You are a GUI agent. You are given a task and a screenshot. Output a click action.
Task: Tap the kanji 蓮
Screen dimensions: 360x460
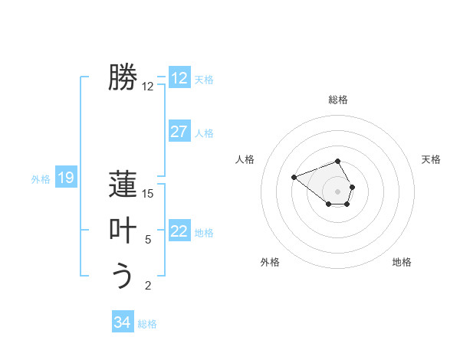tap(123, 185)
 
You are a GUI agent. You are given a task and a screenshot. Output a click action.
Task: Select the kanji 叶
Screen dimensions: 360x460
tap(123, 231)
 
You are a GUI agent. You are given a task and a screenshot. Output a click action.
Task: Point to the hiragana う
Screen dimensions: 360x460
tap(123, 276)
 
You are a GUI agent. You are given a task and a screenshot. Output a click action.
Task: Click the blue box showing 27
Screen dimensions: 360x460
tap(179, 132)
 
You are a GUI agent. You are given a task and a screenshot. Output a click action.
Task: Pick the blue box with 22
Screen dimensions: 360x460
tap(179, 231)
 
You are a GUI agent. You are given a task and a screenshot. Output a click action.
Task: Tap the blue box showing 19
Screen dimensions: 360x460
tap(65, 178)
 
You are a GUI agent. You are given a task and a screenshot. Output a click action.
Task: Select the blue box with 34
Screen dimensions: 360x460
tap(122, 322)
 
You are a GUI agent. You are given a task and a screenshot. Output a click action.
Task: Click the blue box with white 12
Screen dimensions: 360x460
tap(179, 78)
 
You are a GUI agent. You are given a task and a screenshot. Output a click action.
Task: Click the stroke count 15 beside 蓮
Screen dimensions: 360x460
tap(148, 194)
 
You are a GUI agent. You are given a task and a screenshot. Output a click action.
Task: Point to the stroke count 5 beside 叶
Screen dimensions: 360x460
tap(148, 240)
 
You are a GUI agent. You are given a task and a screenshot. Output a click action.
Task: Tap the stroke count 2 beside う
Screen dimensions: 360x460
tap(148, 286)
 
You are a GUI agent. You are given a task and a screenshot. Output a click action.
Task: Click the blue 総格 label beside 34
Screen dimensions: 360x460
tap(147, 324)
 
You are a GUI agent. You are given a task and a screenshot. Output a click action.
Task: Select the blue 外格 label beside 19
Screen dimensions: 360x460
tap(41, 179)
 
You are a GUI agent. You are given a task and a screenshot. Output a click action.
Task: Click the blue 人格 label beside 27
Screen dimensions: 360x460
tap(204, 133)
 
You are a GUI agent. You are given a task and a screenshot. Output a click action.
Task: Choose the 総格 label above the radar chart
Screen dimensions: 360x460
tap(338, 100)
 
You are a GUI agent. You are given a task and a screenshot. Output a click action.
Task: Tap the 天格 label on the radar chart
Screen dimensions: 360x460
tap(432, 159)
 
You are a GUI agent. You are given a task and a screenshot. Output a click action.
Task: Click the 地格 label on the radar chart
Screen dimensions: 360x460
tap(402, 262)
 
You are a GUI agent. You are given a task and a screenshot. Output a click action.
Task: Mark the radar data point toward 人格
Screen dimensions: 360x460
tap(294, 178)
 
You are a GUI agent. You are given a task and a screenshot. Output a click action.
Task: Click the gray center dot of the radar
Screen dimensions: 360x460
tap(338, 191)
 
